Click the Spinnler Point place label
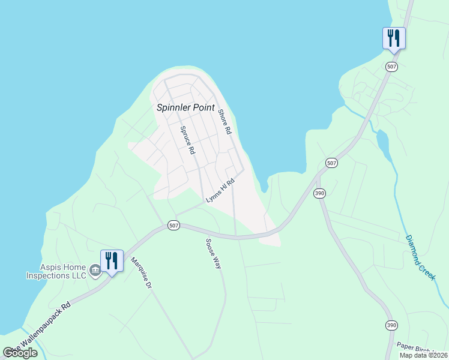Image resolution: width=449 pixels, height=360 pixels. tap(185, 108)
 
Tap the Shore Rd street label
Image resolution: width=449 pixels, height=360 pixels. tap(224, 121)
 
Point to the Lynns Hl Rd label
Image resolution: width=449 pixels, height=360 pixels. tap(220, 192)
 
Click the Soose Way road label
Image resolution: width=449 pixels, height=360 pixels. tap(214, 254)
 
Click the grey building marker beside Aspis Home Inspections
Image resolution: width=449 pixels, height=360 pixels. tap(95, 272)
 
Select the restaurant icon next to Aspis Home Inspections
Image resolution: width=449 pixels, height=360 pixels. tap(112, 260)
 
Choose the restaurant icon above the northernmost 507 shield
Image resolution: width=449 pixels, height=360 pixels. tap(394, 38)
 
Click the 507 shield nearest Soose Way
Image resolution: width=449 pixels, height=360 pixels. tap(173, 226)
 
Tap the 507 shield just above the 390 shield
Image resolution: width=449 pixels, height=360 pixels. tap(331, 163)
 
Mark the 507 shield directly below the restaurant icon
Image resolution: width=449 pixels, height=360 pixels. tap(392, 67)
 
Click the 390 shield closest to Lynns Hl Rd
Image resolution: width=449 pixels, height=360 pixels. tap(319, 193)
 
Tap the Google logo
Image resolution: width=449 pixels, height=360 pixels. tap(20, 353)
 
